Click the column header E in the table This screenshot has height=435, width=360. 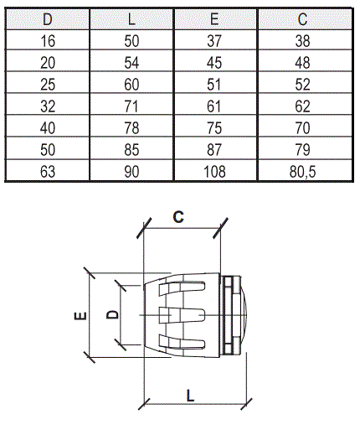point(214,19)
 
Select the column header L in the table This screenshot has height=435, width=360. point(131,19)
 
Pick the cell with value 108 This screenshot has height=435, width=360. point(214,172)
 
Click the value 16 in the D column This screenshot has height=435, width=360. point(48,41)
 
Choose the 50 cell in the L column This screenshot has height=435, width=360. point(131,41)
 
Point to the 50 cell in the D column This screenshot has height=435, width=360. point(48,150)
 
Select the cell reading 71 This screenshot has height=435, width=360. point(131,106)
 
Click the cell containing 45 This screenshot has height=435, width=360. point(214,63)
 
